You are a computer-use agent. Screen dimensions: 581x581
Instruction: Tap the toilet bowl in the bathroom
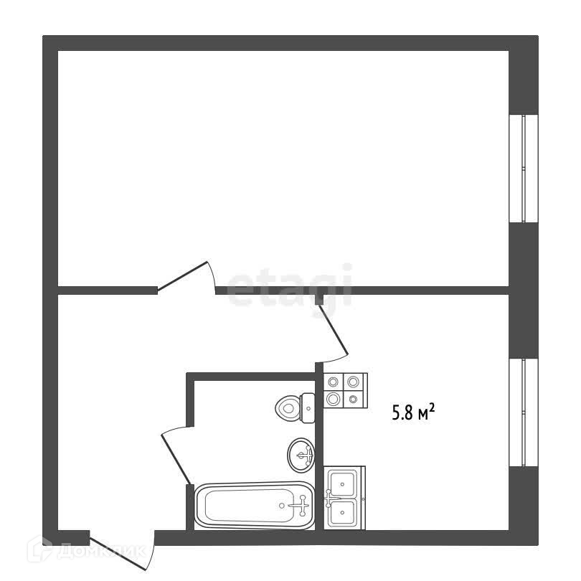point(287,408)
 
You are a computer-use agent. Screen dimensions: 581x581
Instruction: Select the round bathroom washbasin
point(301,454)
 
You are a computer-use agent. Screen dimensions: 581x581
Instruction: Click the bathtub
point(255,506)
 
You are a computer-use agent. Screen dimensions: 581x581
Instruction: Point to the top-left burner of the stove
point(334,382)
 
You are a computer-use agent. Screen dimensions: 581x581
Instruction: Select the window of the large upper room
point(524,169)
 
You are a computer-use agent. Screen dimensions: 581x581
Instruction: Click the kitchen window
point(524,412)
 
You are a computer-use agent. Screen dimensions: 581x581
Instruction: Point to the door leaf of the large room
point(185,277)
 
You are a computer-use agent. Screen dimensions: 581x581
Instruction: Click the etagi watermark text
point(290,285)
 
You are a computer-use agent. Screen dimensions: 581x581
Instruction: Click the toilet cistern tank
point(308,408)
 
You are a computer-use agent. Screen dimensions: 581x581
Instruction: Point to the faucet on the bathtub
point(299,506)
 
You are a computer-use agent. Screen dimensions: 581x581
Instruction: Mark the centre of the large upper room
point(283,169)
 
